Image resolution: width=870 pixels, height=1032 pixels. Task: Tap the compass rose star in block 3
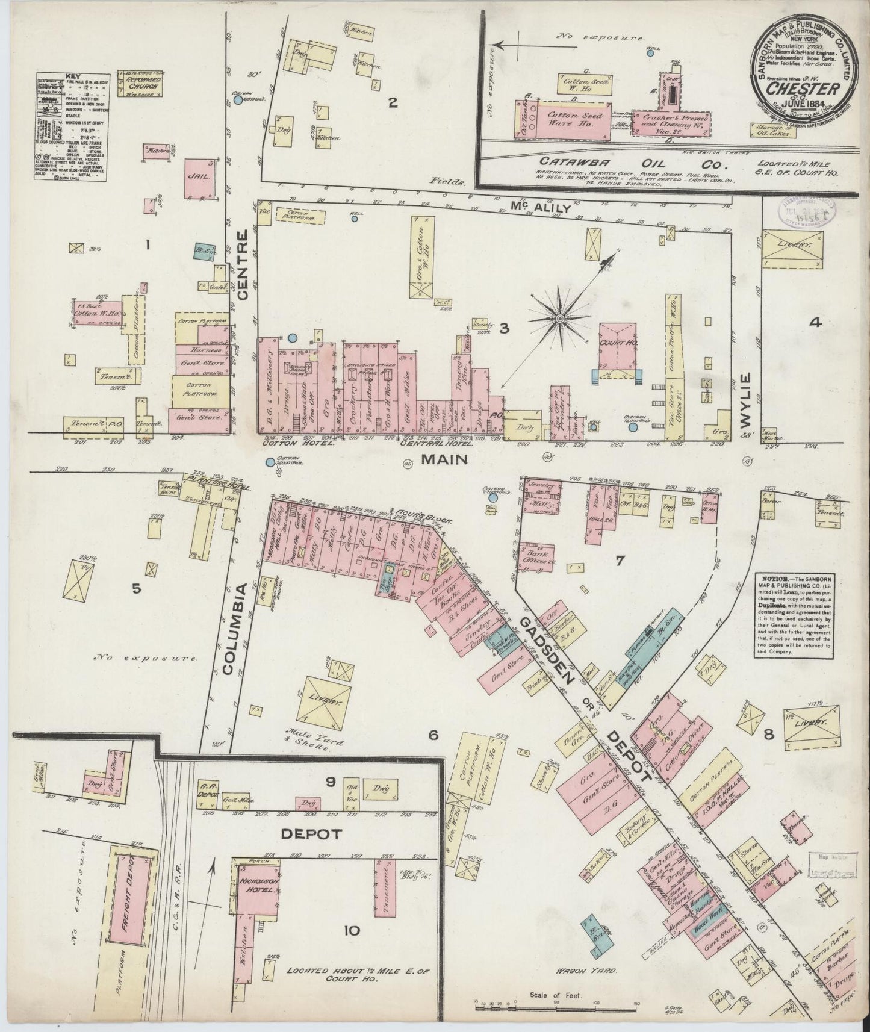(x=559, y=317)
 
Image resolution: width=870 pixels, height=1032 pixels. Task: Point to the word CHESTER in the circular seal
(x=804, y=89)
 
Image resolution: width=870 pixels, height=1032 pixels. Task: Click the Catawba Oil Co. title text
(x=608, y=163)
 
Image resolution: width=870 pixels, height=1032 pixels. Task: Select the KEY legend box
(x=72, y=126)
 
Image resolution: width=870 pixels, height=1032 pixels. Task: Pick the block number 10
(x=352, y=931)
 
